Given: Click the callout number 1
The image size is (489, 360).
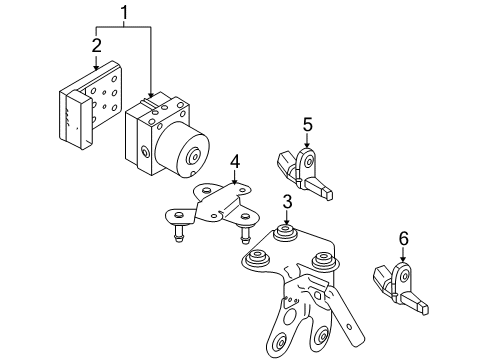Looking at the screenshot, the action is (124, 13).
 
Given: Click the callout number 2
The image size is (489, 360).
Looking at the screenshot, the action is (96, 45).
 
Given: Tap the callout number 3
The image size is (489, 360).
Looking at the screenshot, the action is (287, 202).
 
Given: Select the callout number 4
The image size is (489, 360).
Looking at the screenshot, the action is (235, 162).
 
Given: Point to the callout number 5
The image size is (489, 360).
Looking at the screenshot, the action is (308, 125).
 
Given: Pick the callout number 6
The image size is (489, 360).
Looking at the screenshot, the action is (404, 239).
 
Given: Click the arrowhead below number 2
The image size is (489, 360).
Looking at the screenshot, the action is (96, 67).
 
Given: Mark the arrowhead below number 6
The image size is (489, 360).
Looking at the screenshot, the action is (403, 259).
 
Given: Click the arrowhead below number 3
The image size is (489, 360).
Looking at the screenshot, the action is (286, 222).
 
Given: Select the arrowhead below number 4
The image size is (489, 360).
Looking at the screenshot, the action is (235, 182).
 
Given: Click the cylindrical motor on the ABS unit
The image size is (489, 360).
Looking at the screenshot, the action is (182, 150).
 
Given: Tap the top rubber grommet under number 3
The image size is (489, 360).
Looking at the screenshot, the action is (284, 233).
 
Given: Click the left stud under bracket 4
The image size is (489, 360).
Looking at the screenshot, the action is (178, 233).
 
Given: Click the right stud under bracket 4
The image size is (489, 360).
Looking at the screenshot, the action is (246, 234).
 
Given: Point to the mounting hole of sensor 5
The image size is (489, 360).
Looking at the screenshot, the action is (309, 163).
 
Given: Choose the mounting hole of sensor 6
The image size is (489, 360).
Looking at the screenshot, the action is (405, 276).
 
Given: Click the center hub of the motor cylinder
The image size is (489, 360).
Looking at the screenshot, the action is (194, 157).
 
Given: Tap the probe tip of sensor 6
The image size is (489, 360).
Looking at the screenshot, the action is (424, 310).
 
